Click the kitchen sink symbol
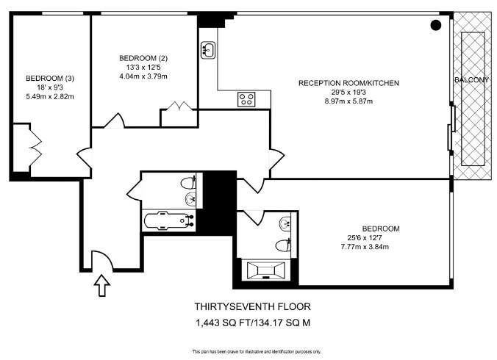tap(208, 50)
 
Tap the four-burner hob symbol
tap(247, 98)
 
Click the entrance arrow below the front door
tap(102, 285)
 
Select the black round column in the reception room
tap(436, 25)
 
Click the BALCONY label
tap(472, 80)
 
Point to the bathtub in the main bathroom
tap(169, 220)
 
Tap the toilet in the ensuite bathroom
tap(283, 245)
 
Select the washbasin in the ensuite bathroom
tap(285, 223)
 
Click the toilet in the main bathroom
tap(188, 182)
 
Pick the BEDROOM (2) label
tap(143, 58)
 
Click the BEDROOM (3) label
tap(50, 78)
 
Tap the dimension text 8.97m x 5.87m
tap(348, 101)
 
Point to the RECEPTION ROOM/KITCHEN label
tap(348, 83)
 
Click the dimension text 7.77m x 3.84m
tap(365, 247)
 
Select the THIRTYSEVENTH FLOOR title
tap(253, 306)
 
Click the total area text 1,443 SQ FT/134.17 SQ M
tap(253, 323)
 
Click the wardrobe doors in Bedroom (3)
tap(36, 148)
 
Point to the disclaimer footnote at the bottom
tap(257, 351)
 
